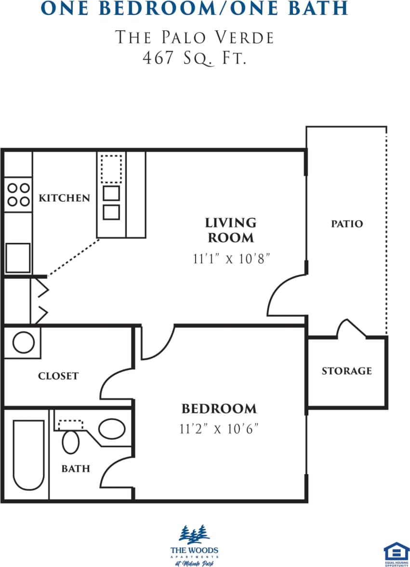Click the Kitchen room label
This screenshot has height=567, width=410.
(x=64, y=198)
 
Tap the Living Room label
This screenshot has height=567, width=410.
(x=231, y=230)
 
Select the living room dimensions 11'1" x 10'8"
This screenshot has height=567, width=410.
(x=231, y=259)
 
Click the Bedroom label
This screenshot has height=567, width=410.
(x=219, y=409)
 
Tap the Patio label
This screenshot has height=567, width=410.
(x=347, y=224)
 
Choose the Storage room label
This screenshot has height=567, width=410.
(x=347, y=371)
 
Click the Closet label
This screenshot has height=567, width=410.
(x=58, y=376)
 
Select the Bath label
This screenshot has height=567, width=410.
(x=76, y=468)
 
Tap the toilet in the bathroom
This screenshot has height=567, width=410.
(x=71, y=441)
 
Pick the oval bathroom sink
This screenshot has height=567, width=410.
(x=112, y=428)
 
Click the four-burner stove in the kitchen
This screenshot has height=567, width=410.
(x=18, y=195)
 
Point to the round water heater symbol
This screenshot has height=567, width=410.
(x=23, y=343)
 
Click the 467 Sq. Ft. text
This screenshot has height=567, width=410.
(x=195, y=58)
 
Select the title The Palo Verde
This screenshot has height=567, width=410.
(x=195, y=37)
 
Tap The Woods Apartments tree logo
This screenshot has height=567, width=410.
(x=194, y=534)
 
